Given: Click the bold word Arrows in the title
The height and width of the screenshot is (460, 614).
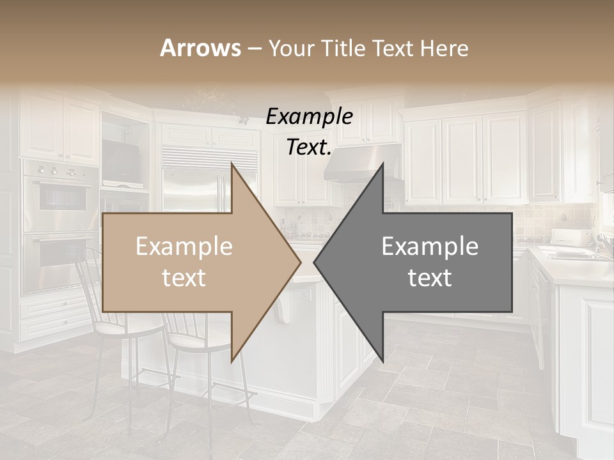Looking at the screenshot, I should [x=200, y=48].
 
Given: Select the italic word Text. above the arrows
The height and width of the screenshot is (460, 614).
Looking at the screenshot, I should [x=309, y=148].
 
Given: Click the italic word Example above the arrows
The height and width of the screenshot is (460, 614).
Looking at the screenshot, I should [x=309, y=117].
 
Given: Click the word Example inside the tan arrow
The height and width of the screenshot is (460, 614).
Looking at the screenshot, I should [x=184, y=247].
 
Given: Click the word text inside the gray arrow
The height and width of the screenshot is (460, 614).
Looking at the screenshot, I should [x=430, y=278].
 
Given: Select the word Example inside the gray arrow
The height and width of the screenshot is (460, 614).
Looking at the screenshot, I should [x=430, y=247].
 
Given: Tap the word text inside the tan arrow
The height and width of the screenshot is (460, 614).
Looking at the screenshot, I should [x=184, y=278].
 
